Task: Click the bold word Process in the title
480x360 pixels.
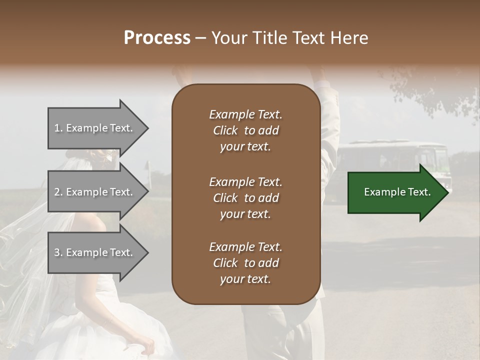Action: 157,38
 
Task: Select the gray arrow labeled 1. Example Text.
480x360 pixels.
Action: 95,128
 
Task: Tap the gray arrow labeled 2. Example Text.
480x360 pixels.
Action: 95,192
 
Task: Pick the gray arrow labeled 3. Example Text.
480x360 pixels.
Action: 95,252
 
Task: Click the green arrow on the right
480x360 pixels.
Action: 395,192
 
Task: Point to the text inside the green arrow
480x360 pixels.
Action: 397,192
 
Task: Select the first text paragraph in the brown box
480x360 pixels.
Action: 245,130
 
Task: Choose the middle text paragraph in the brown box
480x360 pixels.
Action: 245,198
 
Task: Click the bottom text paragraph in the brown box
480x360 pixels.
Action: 245,263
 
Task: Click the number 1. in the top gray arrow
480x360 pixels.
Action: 58,128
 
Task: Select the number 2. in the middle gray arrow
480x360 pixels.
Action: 58,192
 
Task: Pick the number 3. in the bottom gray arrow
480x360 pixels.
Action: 58,252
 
